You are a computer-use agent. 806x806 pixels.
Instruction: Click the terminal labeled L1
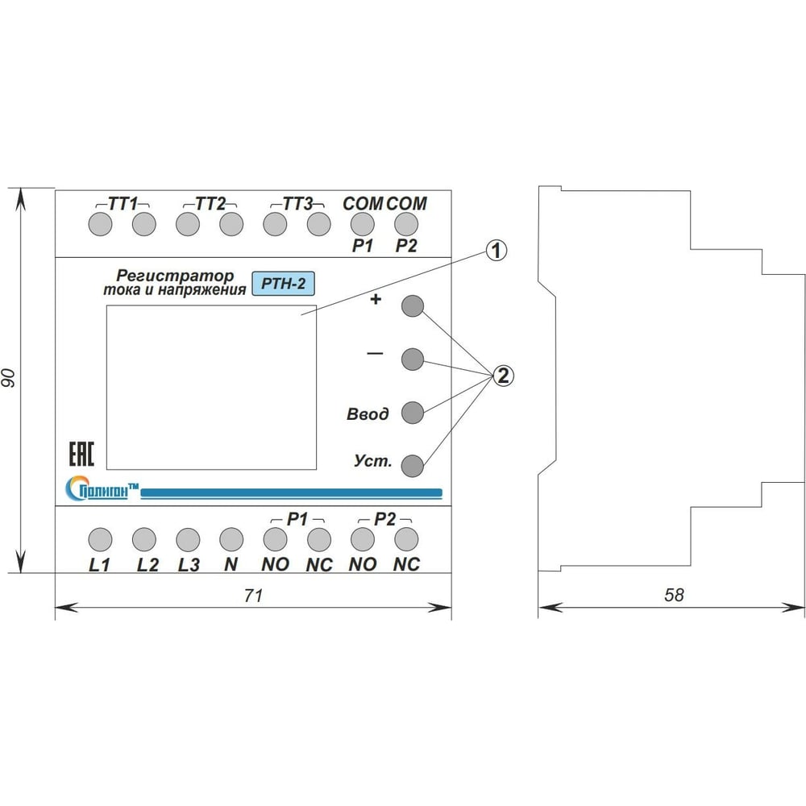99,538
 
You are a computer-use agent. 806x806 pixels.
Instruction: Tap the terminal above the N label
231,538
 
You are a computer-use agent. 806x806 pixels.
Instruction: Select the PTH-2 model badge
283,284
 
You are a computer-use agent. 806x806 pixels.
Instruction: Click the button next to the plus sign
413,306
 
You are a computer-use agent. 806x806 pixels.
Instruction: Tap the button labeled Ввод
413,413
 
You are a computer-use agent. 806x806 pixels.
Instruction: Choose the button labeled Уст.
413,465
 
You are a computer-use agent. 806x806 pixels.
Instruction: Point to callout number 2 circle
502,376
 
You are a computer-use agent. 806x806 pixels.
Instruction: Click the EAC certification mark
79,453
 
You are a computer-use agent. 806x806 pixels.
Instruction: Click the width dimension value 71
254,596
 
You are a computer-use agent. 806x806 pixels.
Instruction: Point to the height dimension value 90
10,379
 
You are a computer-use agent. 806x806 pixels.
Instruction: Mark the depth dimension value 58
673,596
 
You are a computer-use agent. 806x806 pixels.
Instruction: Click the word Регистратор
174,276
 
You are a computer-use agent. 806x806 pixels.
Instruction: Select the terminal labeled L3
187,538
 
